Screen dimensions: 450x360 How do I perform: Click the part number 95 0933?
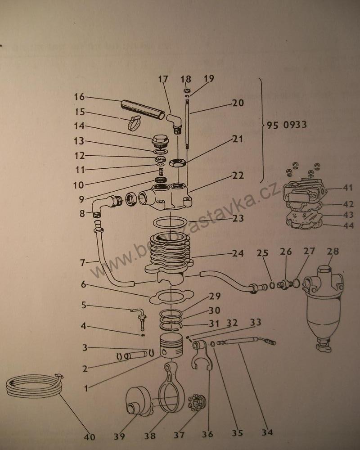[x=287, y=125]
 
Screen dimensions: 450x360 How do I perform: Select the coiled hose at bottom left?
[x=34, y=387]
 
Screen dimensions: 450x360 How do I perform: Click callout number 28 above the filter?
[x=333, y=252]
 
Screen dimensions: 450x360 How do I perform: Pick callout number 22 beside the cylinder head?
[x=238, y=175]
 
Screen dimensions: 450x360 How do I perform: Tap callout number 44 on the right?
[x=348, y=226]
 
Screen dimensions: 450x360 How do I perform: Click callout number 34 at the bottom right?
[x=267, y=432]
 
